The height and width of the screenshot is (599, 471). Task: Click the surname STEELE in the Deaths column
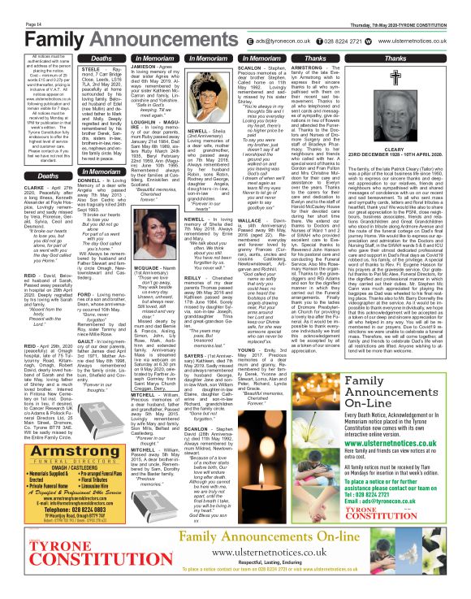pos(84,71)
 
